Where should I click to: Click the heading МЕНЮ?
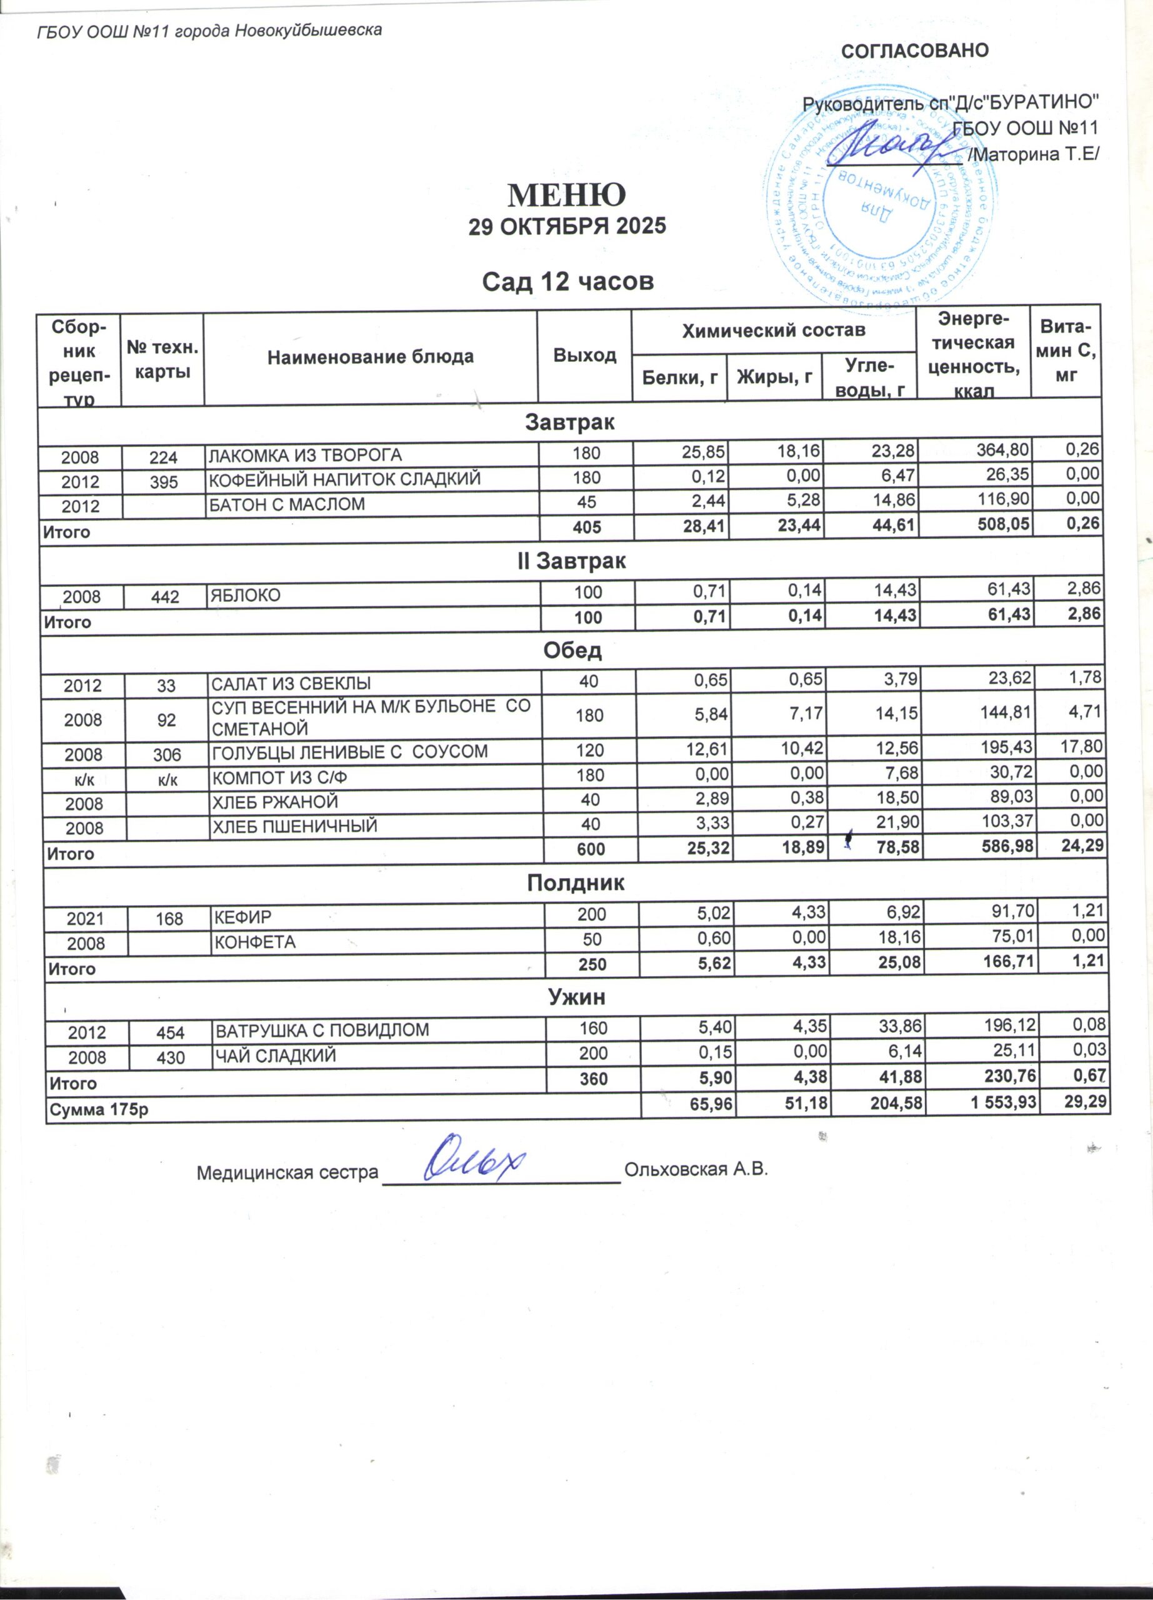(x=567, y=194)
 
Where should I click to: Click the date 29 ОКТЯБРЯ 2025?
(x=567, y=226)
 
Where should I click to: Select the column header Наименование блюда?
(x=370, y=357)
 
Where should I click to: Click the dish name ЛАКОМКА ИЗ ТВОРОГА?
(x=304, y=456)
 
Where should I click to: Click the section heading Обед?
(x=572, y=650)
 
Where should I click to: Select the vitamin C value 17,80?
(x=1081, y=746)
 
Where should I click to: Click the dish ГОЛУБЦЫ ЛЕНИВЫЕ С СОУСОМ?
(x=350, y=752)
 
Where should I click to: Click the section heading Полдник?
(x=576, y=883)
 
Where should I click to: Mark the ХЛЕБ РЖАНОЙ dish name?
(x=276, y=802)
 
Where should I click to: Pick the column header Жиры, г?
(x=774, y=378)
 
